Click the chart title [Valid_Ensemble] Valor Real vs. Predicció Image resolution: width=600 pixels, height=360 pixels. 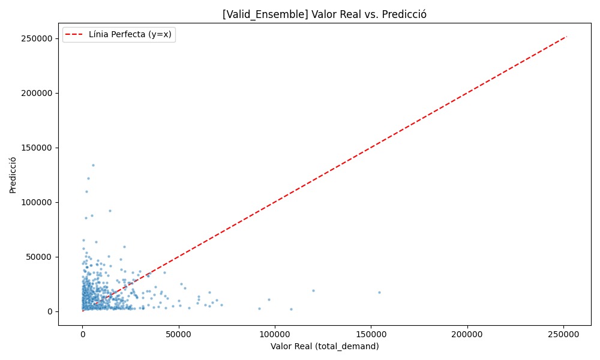tap(324, 14)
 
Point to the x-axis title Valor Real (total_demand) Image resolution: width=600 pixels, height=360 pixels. tap(324, 346)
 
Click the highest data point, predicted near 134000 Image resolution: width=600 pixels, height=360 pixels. tap(93, 165)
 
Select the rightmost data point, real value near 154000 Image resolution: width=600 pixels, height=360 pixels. tap(379, 292)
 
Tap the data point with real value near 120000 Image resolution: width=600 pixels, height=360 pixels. tap(313, 290)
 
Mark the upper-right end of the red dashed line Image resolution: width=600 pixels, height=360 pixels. tap(566, 37)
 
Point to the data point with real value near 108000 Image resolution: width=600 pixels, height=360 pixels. tap(291, 309)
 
